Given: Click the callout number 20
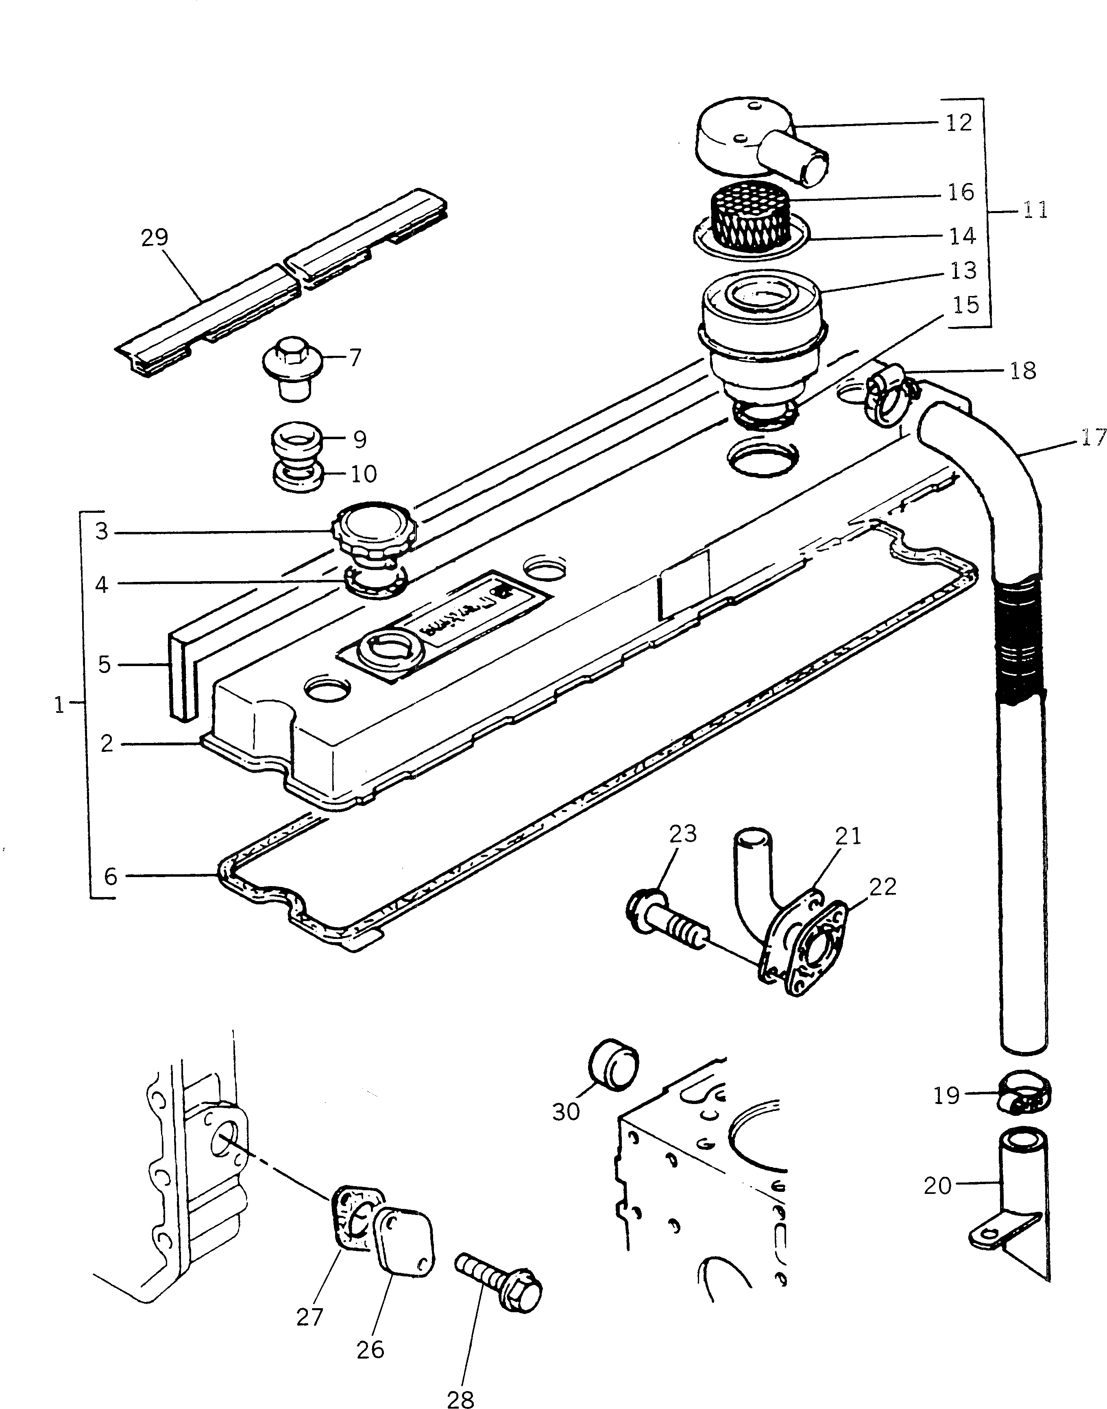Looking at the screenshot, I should coord(937,1185).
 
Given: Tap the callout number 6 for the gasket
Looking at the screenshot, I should coord(111,876).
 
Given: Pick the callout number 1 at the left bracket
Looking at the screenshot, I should coord(60,704).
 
